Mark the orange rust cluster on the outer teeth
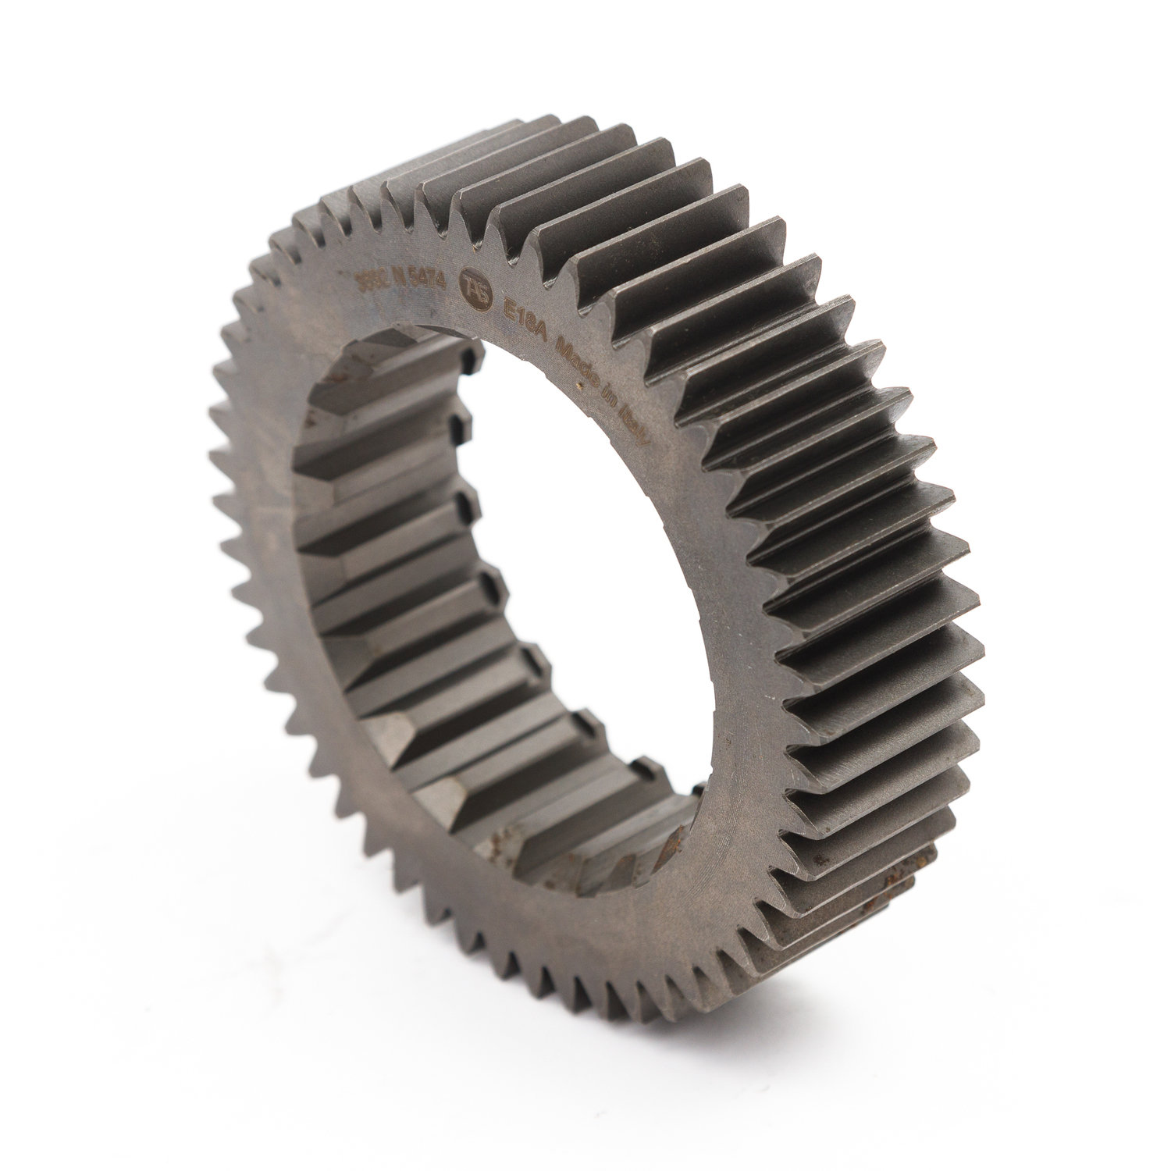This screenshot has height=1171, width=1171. pos(889,882)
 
